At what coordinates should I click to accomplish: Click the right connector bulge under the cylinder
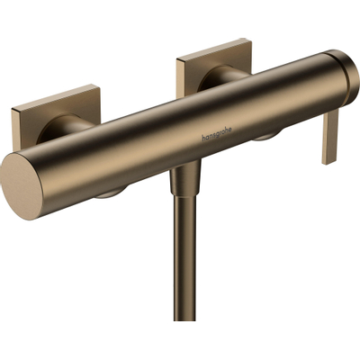265,137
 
